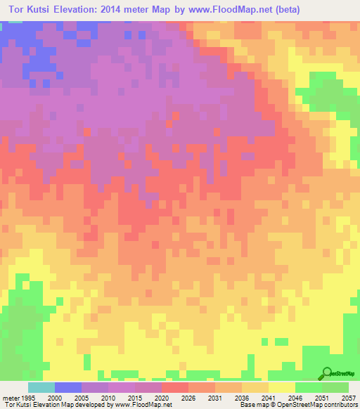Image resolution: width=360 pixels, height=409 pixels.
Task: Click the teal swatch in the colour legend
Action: pyautogui.click(x=41, y=387)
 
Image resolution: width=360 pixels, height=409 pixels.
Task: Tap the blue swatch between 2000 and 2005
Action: pyautogui.click(x=67, y=387)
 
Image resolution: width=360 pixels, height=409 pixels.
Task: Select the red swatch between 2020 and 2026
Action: pyautogui.click(x=174, y=387)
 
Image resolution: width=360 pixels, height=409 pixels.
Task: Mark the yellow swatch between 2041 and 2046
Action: pyautogui.click(x=281, y=387)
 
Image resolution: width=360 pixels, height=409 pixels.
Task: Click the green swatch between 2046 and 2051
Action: pyautogui.click(x=308, y=387)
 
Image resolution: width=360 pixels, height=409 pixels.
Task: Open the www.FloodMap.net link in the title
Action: pyautogui.click(x=245, y=10)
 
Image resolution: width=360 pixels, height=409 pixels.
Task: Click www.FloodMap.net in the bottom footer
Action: pyautogui.click(x=143, y=405)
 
